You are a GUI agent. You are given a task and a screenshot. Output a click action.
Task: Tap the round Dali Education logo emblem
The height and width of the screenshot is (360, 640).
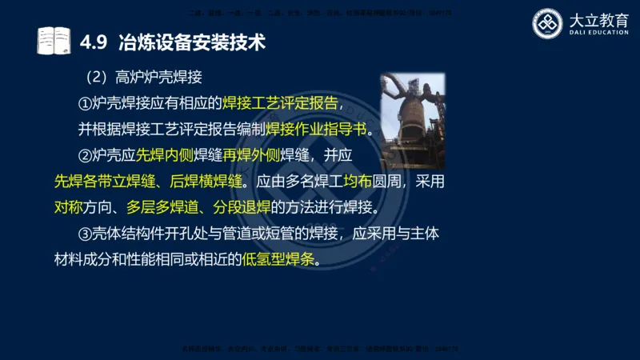(x=549, y=23)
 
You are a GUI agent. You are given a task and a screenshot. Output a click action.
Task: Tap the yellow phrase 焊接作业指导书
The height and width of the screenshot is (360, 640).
(x=314, y=130)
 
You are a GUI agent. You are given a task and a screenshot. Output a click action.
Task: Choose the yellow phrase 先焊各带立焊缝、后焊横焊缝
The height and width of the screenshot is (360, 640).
(x=148, y=182)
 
